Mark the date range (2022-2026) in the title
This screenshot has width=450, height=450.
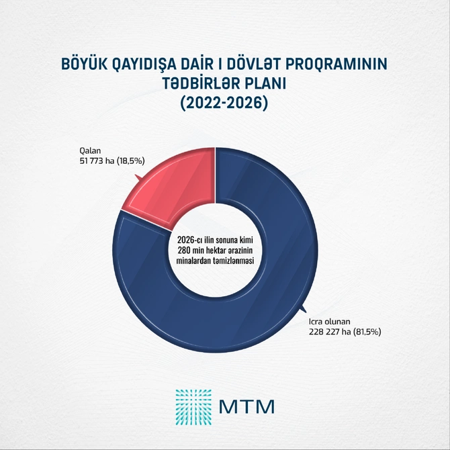tap(224, 104)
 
